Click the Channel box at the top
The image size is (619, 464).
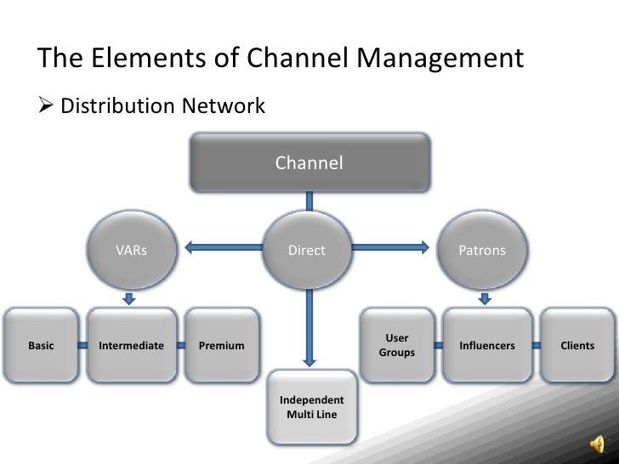(309, 162)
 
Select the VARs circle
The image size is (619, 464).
(131, 251)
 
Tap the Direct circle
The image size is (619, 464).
(307, 251)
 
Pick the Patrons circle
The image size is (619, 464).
(482, 251)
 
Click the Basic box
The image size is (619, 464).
(41, 346)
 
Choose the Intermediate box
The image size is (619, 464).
(131, 346)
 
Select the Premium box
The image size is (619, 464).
(221, 346)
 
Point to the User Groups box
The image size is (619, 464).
(396, 345)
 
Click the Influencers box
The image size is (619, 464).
(486, 346)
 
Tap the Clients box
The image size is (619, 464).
(577, 346)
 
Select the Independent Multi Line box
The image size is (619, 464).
(312, 407)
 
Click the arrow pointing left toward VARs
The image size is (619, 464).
(221, 248)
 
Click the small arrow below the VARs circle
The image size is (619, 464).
(129, 297)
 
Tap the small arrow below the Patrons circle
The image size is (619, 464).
(485, 297)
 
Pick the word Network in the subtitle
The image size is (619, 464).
(223, 107)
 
